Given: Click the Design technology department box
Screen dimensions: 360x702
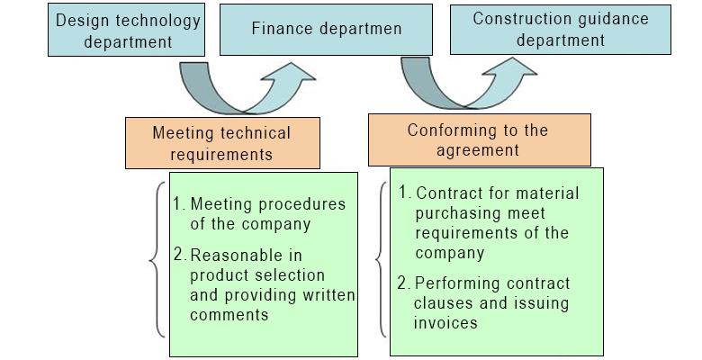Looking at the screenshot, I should coord(128,31).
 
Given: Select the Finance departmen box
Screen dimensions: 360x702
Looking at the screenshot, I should coord(326,29).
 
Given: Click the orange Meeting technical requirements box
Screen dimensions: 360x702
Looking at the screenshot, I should coord(221,143).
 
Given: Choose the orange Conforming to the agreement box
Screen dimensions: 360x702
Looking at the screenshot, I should coord(478,139).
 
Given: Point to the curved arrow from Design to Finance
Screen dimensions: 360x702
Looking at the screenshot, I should coord(243,88).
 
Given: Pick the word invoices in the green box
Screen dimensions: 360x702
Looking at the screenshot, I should coord(446,322).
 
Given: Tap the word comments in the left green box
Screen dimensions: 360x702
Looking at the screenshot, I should coord(229,315).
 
